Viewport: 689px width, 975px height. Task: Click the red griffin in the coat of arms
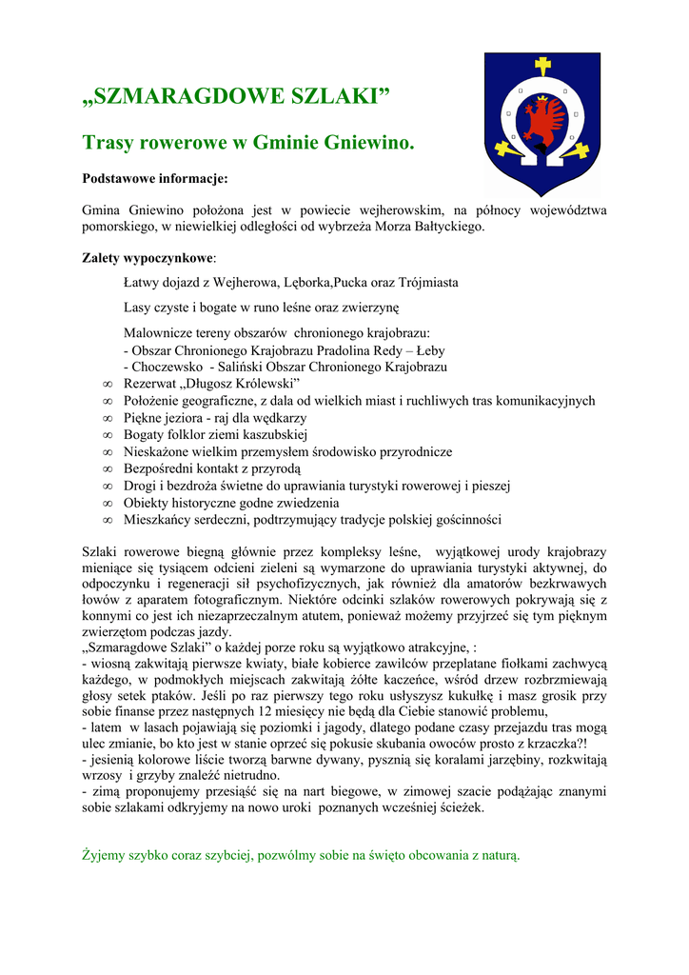pos(543,122)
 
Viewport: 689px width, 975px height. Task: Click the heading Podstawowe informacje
pos(155,178)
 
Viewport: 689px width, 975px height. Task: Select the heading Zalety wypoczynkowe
pos(148,258)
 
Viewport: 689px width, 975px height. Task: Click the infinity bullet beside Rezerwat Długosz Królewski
pos(107,384)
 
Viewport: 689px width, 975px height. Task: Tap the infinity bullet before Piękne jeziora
pos(107,418)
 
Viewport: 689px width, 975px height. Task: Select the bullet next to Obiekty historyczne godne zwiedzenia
pos(107,504)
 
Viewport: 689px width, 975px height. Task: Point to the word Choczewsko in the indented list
pos(165,367)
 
